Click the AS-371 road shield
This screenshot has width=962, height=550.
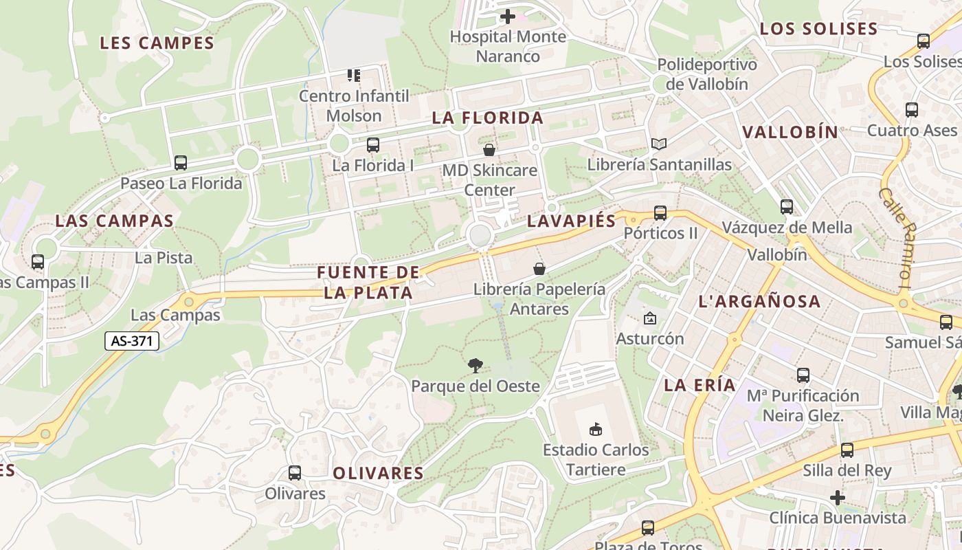pos(132,340)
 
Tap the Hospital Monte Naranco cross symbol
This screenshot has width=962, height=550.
pos(508,16)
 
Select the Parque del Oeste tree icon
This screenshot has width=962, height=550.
pos(475,365)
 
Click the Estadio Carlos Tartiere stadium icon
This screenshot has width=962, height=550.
pos(596,430)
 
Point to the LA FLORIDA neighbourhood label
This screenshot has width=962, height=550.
pos(488,118)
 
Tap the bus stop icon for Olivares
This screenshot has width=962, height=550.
pos(295,473)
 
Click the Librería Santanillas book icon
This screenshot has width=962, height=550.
pos(659,144)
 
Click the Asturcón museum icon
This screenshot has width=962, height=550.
pos(649,318)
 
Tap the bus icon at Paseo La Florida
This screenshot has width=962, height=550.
pos(181,163)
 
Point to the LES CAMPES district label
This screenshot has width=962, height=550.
pos(157,43)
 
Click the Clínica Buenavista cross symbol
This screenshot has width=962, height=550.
pos(837,497)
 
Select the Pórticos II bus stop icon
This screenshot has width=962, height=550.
pos(660,213)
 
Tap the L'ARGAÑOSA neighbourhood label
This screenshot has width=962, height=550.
pos(759,301)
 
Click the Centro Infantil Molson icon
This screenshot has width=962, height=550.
pos(354,75)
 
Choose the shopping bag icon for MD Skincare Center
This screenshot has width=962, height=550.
pos(489,149)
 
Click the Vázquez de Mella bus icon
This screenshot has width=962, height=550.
pos(787,206)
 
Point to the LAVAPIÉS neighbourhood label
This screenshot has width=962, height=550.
pos(572,221)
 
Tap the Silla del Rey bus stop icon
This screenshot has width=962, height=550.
pos(847,450)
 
